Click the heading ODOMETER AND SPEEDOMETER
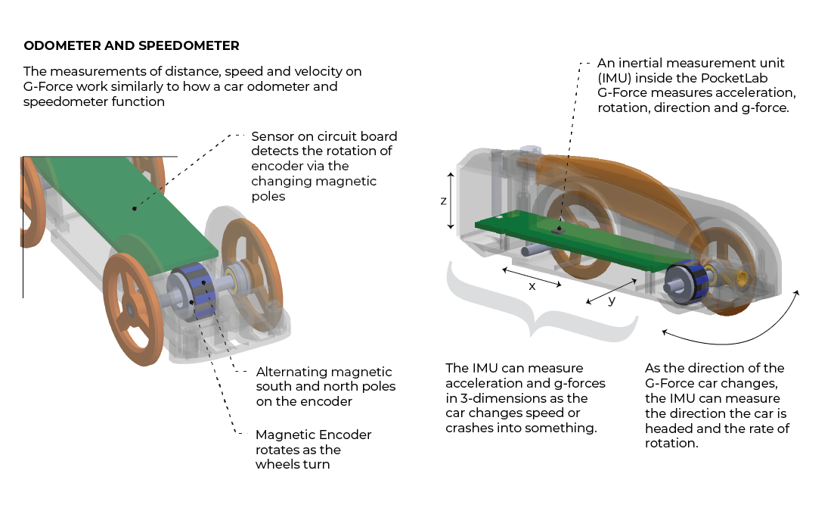[132, 46]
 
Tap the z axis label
[443, 201]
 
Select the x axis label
[532, 286]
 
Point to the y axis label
[612, 300]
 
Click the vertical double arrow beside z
[451, 201]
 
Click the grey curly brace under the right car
[541, 303]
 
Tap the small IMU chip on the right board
[559, 228]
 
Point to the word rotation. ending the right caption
[671, 443]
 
